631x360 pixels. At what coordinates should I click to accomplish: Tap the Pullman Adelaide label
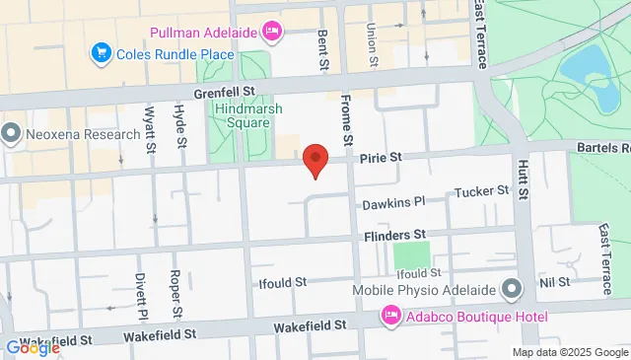(x=203, y=33)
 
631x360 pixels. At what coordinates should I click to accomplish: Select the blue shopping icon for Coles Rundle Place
(x=100, y=51)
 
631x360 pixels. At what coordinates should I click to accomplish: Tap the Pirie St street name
(x=382, y=157)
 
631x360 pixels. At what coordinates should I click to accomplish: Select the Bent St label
(x=322, y=49)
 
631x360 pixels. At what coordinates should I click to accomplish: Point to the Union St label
(x=373, y=45)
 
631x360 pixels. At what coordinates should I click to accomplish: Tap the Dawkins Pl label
(x=392, y=202)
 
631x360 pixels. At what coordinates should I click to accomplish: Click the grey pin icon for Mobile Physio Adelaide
(x=512, y=289)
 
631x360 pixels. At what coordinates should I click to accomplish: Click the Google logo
(x=33, y=347)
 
